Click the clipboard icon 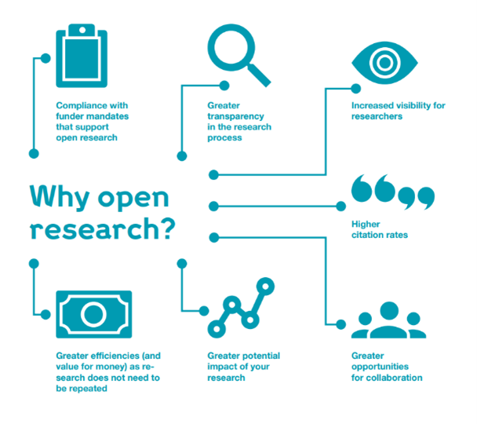[x=81, y=57]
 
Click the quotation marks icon [x=391, y=192]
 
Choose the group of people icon [x=388, y=322]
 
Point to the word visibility [x=410, y=104]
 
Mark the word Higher [x=366, y=224]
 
